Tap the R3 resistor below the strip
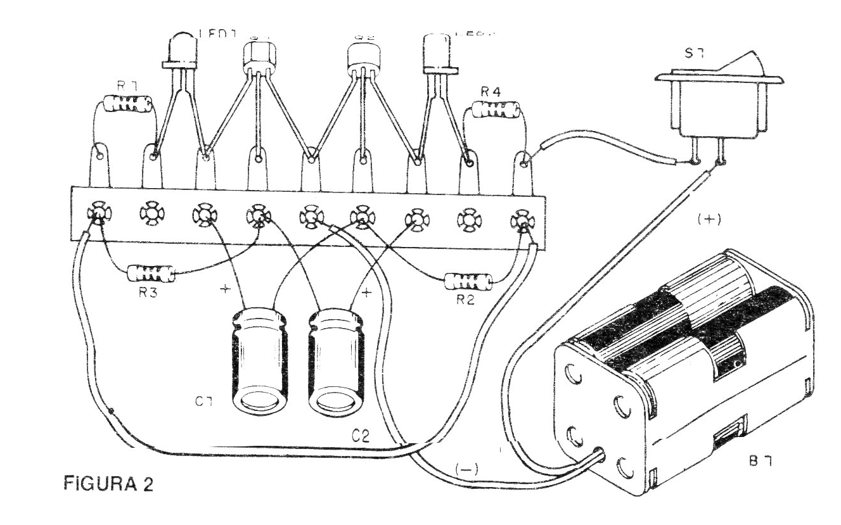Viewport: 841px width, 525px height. tap(150, 274)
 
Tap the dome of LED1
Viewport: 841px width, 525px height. tap(180, 47)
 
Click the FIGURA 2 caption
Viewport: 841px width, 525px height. tap(108, 484)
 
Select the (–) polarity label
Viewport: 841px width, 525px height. tap(468, 470)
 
